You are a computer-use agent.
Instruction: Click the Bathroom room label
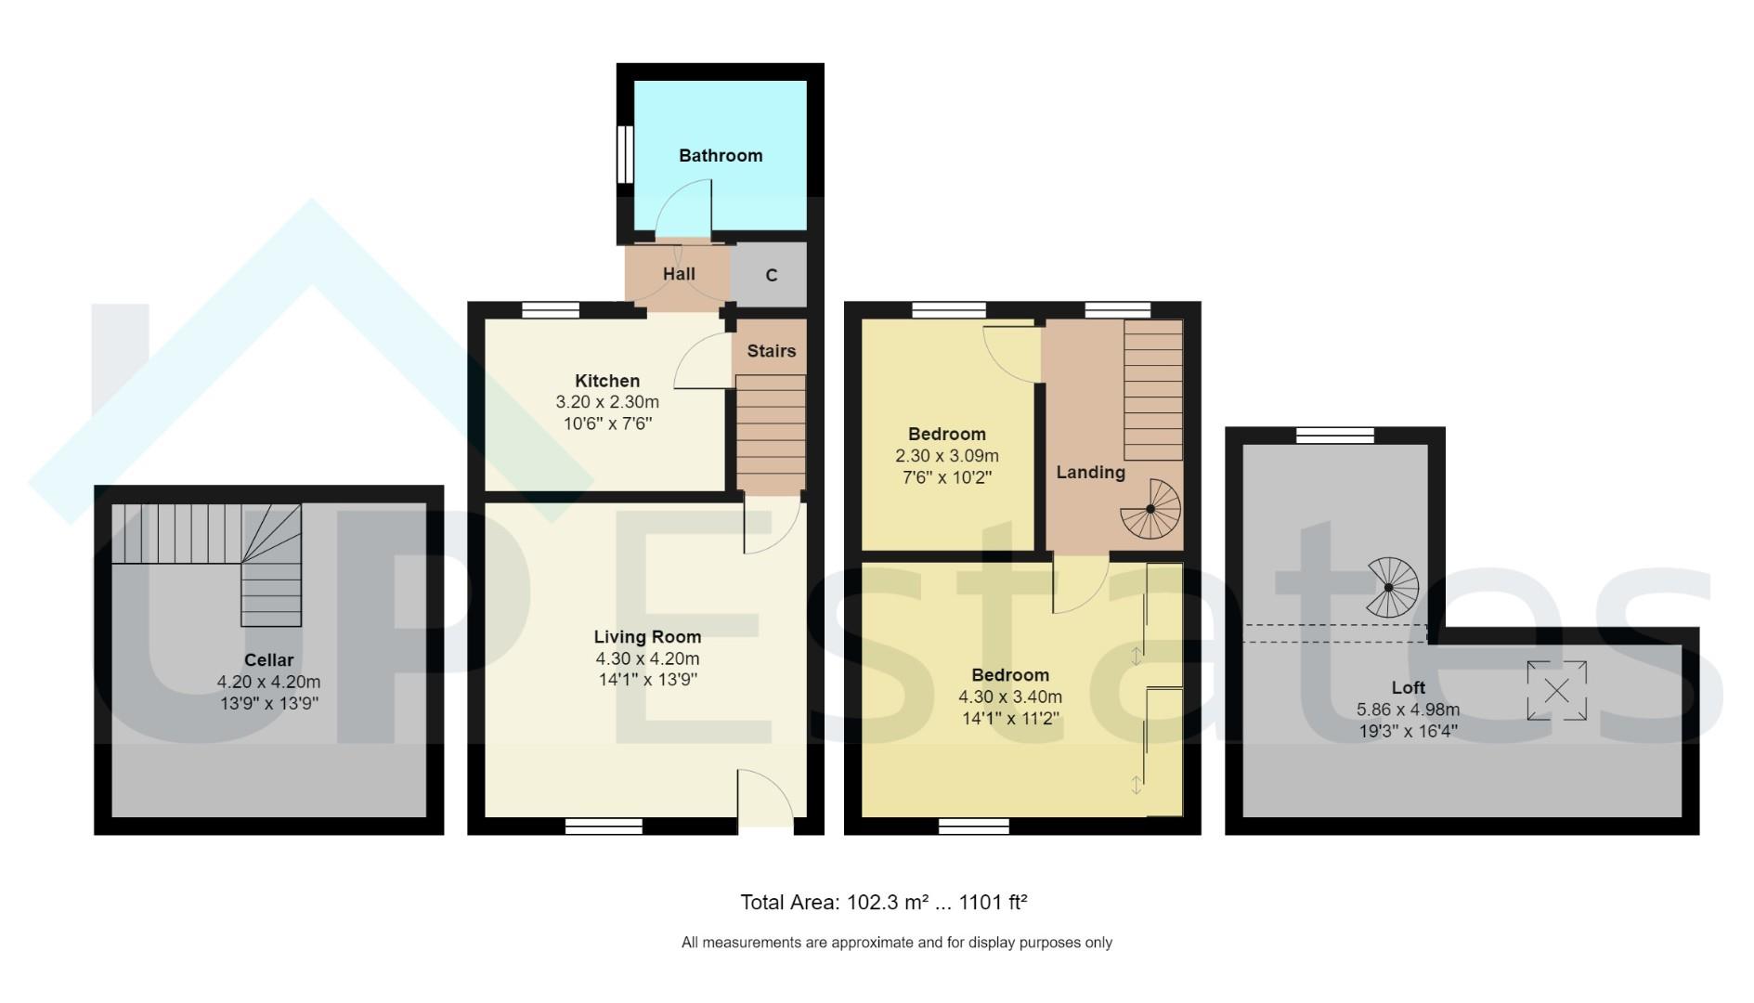coord(720,155)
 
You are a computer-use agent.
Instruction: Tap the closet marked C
coord(771,275)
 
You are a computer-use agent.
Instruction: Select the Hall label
coord(679,274)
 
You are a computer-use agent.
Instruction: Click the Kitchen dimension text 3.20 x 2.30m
coord(607,402)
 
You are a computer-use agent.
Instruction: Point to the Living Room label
coord(647,637)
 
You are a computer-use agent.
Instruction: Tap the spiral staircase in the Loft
coord(1389,588)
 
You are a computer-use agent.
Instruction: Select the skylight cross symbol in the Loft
coord(1557,691)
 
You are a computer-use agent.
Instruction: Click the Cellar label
coord(268,660)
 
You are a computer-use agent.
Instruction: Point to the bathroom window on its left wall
coord(626,154)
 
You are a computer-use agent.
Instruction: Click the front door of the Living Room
coord(765,799)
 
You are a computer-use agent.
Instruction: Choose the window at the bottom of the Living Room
coord(604,826)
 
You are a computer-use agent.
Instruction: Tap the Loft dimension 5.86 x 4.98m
coord(1408,710)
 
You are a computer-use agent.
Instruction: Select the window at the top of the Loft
coord(1334,435)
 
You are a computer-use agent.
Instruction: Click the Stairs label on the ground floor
coord(771,351)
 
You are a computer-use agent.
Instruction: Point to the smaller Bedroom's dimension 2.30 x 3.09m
coord(946,456)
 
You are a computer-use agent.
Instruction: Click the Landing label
coord(1090,472)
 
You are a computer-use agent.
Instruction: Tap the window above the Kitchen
coord(551,310)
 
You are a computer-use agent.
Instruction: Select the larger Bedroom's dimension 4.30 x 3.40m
coord(1010,697)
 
